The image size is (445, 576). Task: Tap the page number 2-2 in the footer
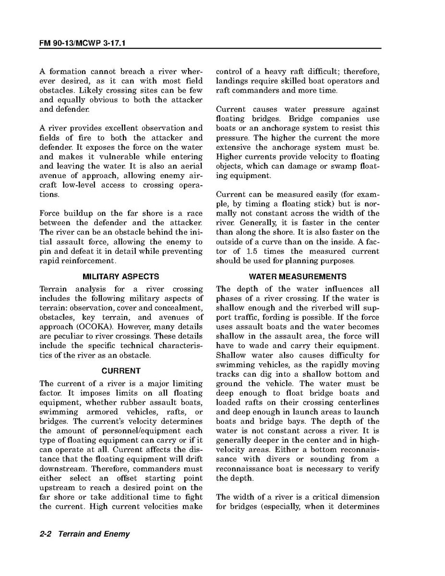[47, 534]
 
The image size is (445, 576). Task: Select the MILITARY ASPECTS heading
[121, 277]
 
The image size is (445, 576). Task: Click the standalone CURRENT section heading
[121, 371]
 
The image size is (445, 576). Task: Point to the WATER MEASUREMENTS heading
[298, 277]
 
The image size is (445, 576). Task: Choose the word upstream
[56, 488]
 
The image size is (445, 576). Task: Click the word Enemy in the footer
[117, 534]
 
